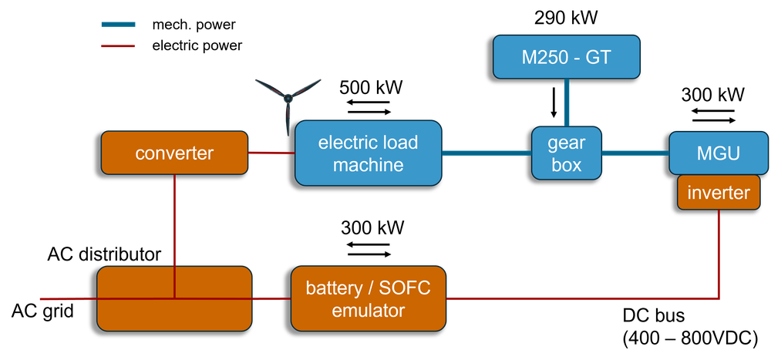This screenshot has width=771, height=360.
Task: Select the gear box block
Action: (x=567, y=153)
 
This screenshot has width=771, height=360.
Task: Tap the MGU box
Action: (x=719, y=153)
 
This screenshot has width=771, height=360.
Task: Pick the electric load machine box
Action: (x=368, y=153)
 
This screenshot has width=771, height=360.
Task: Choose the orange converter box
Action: (x=174, y=153)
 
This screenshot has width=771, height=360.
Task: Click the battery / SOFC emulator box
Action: (x=368, y=298)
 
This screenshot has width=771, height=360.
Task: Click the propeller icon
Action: (x=288, y=98)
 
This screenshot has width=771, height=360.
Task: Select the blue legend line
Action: (x=118, y=25)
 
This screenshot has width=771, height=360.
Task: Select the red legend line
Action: (x=118, y=45)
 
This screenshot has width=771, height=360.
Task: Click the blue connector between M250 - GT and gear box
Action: (x=567, y=103)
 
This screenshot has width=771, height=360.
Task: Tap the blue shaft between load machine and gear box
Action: (x=487, y=153)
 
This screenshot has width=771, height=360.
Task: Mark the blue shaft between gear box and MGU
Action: (x=635, y=153)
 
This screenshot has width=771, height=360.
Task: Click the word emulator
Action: (x=368, y=311)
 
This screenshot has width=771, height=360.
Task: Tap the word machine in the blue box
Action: (x=368, y=165)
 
